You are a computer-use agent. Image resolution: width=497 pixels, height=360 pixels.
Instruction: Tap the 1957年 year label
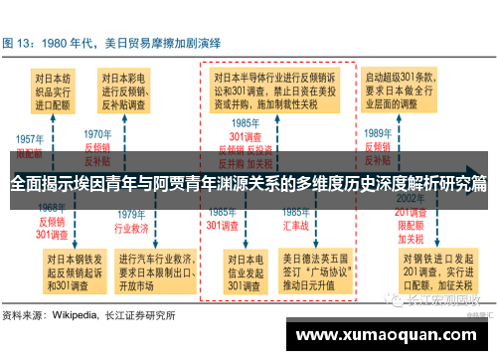(x=30, y=140)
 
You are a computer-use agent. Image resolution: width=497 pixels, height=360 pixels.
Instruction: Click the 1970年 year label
(x=97, y=133)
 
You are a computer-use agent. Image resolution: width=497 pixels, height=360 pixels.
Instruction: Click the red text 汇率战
(x=295, y=226)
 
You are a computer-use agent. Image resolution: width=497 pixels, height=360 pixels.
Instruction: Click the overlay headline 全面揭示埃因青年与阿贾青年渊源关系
(x=248, y=183)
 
